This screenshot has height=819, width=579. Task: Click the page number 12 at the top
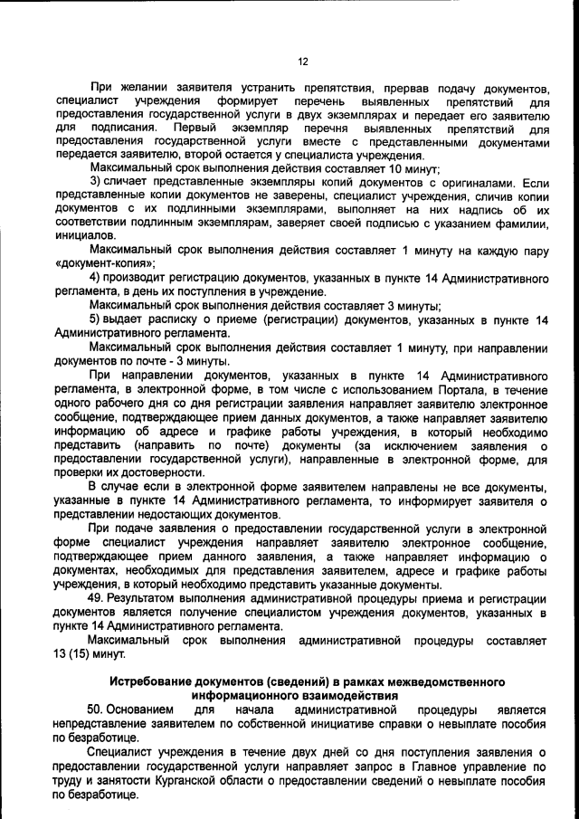click(x=303, y=62)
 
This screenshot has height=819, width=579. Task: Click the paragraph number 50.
click(x=98, y=710)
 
